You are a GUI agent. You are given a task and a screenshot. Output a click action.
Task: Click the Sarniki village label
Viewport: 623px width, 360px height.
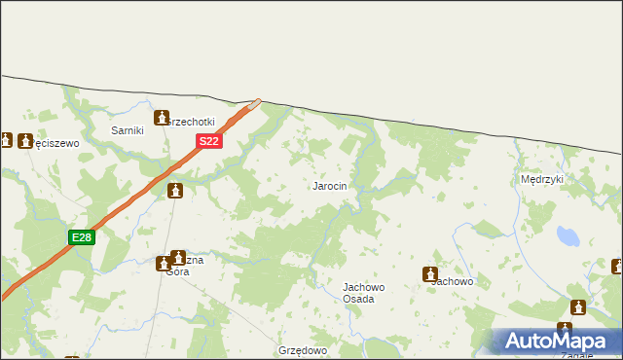click(x=128, y=130)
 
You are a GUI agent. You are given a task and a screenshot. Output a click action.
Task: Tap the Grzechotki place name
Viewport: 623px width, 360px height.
click(x=191, y=123)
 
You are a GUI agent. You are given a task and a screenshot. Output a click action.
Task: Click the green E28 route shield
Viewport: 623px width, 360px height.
click(x=82, y=237)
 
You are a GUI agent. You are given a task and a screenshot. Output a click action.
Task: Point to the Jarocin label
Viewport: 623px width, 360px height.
click(x=329, y=186)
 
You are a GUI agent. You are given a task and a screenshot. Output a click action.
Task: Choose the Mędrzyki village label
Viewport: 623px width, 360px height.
click(x=542, y=180)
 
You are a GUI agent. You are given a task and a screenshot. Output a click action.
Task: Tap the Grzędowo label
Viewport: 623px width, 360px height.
click(x=302, y=349)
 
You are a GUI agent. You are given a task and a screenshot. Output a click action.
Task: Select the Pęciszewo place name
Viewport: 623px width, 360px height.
click(x=55, y=142)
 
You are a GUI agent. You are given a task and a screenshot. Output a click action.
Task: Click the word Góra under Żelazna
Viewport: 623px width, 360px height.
click(x=177, y=272)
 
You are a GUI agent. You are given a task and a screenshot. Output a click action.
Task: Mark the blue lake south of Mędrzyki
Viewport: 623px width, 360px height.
click(x=567, y=236)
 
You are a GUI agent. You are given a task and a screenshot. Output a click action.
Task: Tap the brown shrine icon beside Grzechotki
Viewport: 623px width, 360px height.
click(x=162, y=118)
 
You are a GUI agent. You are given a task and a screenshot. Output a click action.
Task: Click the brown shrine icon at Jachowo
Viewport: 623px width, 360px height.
click(x=429, y=275)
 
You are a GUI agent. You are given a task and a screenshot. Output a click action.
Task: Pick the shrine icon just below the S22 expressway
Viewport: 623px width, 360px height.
click(x=175, y=190)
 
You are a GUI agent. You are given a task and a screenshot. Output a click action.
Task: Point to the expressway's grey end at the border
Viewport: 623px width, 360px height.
click(x=256, y=102)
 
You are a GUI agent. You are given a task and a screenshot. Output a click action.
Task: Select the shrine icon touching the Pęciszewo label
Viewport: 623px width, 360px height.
click(x=25, y=140)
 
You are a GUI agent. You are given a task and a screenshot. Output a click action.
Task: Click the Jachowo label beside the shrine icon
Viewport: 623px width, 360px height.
click(x=454, y=281)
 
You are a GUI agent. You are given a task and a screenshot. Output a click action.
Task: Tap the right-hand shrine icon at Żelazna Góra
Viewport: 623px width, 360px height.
click(x=178, y=259)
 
